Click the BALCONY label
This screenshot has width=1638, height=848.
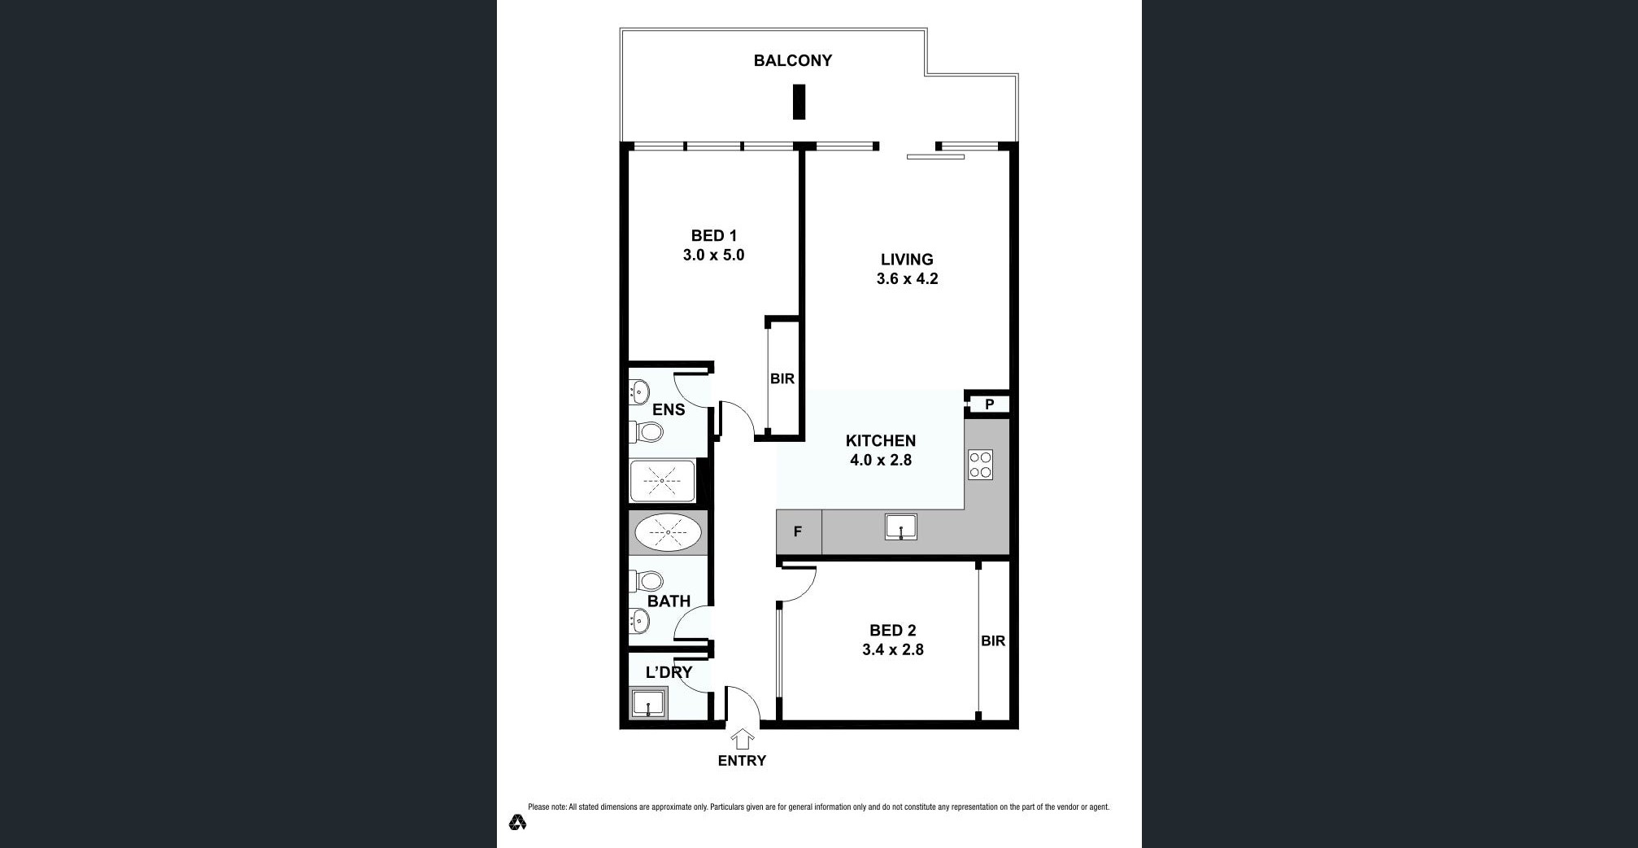pos(792,60)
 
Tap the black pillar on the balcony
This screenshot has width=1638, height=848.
pos(799,103)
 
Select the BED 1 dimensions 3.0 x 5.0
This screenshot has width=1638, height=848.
pos(713,255)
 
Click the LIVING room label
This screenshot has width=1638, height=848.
pos(907,260)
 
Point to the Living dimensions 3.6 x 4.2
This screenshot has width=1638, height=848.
pos(907,278)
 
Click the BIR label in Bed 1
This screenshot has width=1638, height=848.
pos(782,378)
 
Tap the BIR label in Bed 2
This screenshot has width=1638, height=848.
pos(993,640)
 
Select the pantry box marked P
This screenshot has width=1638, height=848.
pos(989,404)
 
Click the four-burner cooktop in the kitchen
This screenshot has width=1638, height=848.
pos(980,465)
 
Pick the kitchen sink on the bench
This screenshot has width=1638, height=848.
pos(901,527)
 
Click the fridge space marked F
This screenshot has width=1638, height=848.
pos(799,532)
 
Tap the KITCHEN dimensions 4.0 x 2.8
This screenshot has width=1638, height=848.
pos(881,460)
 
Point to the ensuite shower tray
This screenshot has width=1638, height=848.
pos(662,482)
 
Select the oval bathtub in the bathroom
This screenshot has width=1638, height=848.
pos(668,533)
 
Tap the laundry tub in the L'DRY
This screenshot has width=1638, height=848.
pos(649,704)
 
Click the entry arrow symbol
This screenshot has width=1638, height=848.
pos(742,740)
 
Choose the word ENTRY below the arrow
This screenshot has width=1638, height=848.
pos(742,761)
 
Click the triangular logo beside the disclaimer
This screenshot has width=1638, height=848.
pos(517,822)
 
